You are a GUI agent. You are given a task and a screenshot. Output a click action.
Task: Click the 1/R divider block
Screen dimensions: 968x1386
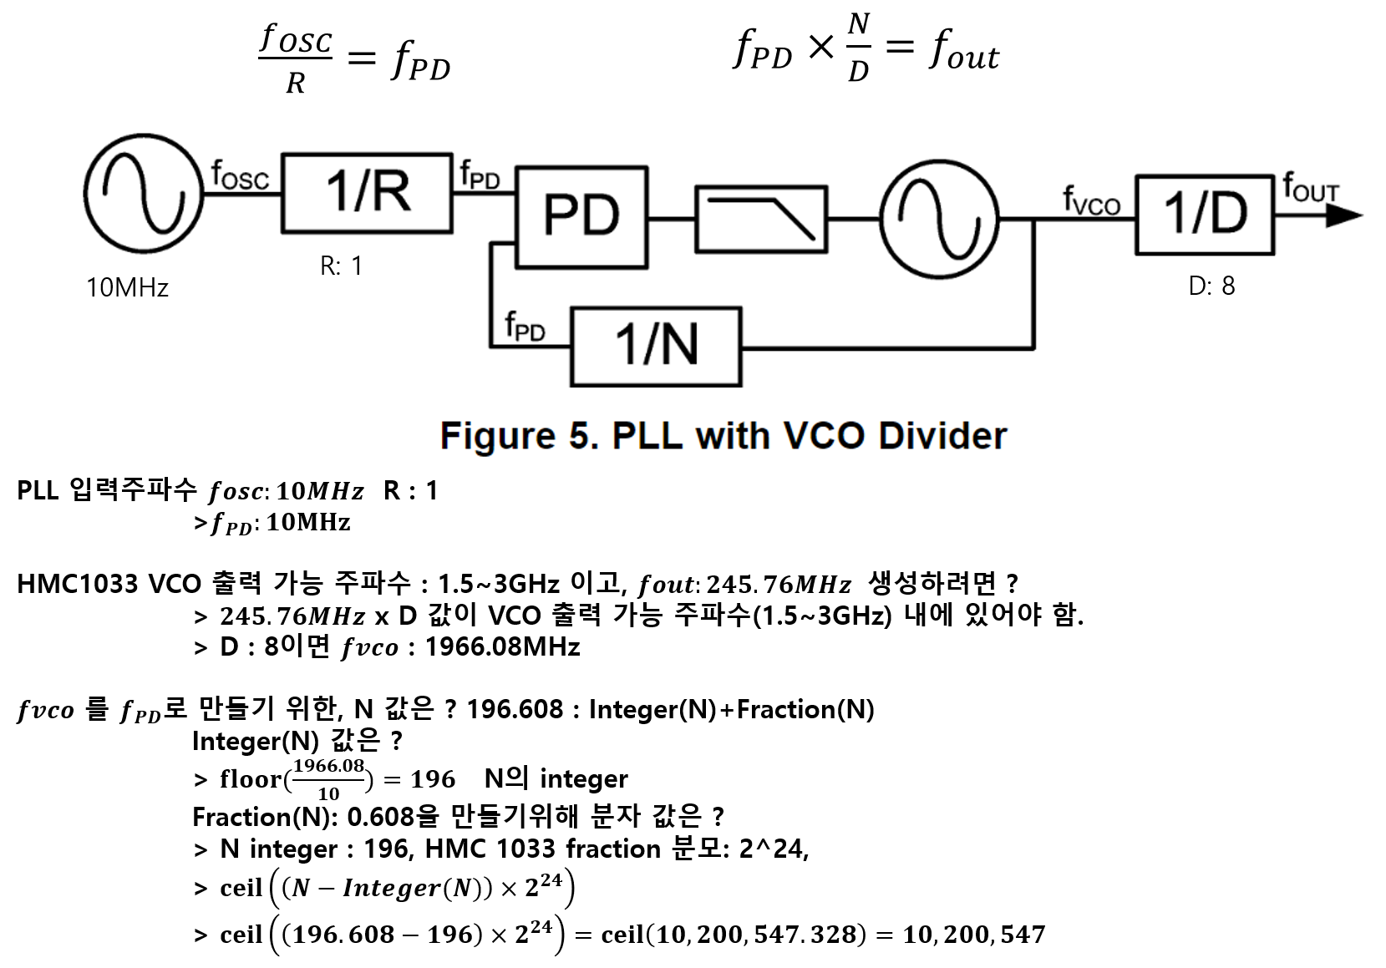click(367, 192)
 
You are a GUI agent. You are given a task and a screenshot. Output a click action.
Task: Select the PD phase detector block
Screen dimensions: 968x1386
click(581, 217)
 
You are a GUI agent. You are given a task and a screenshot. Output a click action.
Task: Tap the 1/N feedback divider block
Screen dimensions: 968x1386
click(656, 347)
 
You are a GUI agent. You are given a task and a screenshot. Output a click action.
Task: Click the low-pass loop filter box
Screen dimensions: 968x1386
click(761, 219)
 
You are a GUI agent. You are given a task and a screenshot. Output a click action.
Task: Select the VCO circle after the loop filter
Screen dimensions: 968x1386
click(939, 219)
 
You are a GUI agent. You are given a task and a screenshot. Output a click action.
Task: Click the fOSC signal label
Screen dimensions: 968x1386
click(241, 175)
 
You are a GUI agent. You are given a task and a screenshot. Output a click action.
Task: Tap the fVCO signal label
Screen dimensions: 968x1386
click(1091, 201)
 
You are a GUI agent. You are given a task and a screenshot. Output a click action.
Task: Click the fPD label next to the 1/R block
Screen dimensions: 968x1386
click(480, 175)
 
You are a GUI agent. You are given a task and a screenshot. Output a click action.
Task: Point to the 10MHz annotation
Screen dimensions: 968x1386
click(128, 288)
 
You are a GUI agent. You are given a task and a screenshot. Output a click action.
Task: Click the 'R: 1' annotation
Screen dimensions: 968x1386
click(342, 266)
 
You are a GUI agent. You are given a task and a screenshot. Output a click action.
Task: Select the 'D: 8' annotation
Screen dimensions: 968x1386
click(1211, 286)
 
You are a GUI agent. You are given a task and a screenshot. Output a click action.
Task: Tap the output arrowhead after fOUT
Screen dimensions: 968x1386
click(1343, 215)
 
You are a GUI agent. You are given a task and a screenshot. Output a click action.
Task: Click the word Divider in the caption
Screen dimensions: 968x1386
click(942, 436)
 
